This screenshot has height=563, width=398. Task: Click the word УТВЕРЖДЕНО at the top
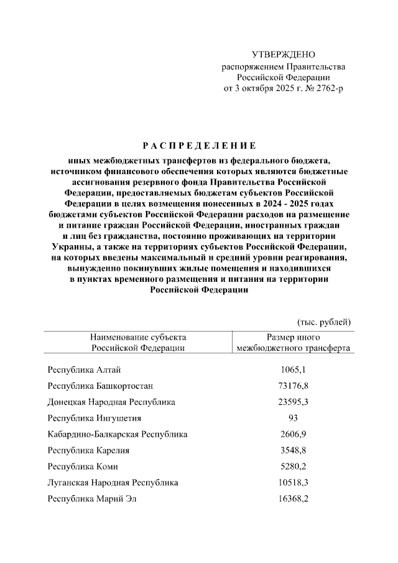coord(284,55)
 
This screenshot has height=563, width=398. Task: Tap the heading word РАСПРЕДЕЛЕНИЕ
coord(199,146)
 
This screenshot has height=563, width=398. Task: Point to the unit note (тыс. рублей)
coord(324,322)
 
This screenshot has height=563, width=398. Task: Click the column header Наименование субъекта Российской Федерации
coord(137,342)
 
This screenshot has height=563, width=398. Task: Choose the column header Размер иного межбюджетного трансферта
coord(294,342)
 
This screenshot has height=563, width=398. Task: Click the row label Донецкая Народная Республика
coord(111,402)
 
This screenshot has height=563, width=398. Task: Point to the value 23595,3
coord(294,402)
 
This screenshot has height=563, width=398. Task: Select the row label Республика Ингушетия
coord(94,418)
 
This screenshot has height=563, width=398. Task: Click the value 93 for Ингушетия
coord(294,418)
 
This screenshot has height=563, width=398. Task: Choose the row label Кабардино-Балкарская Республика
coord(118,434)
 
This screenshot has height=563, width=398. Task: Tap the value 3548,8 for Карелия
coord(294,450)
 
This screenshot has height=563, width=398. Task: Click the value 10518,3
coord(294,482)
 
